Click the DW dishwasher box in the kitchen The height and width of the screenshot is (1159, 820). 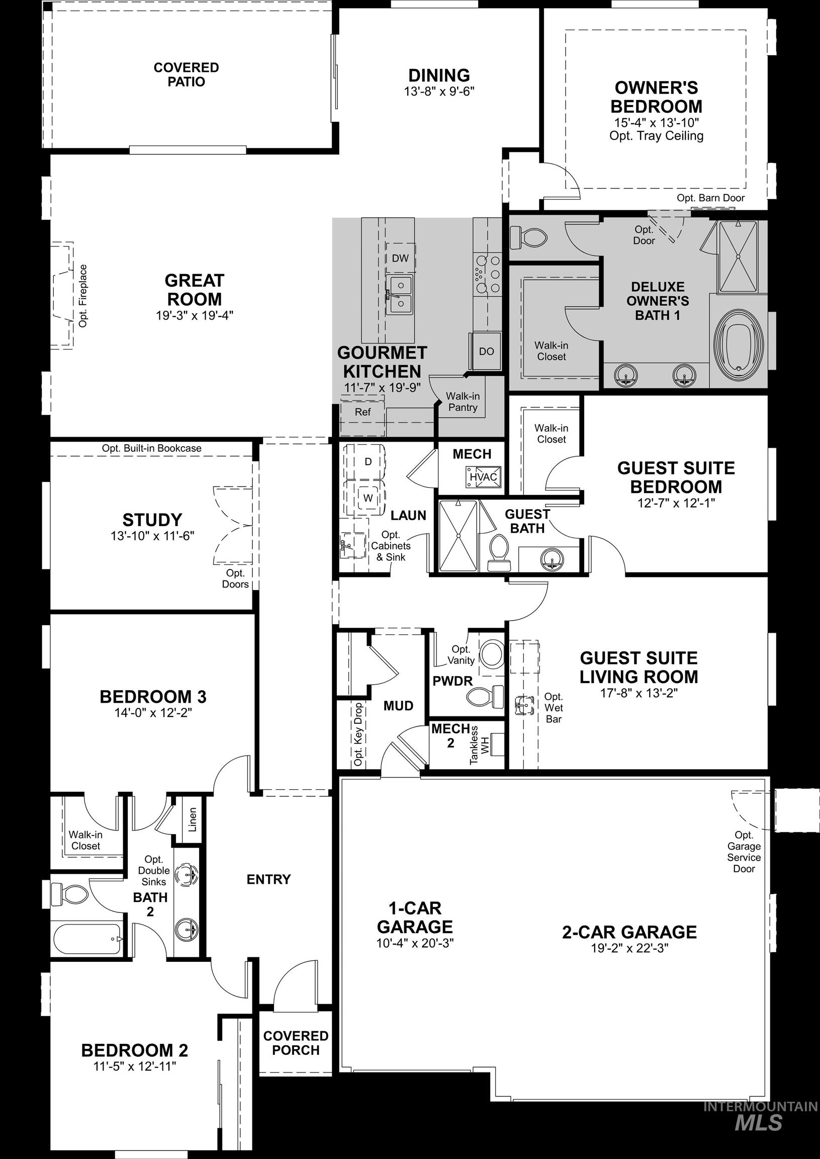(400, 258)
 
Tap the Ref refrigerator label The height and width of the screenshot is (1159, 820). (362, 412)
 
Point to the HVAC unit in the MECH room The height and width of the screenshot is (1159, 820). (483, 476)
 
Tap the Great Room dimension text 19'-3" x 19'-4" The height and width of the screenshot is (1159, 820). (195, 316)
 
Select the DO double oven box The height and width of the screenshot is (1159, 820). (486, 351)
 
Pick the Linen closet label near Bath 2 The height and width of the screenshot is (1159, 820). (192, 820)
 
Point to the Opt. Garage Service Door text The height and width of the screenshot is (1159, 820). (744, 852)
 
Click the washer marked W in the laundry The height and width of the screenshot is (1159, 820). (368, 498)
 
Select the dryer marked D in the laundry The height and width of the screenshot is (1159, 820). (368, 461)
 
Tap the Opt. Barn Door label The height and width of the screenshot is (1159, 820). (710, 198)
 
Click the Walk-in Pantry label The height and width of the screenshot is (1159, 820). (463, 401)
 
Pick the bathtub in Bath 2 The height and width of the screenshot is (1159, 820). (87, 939)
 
